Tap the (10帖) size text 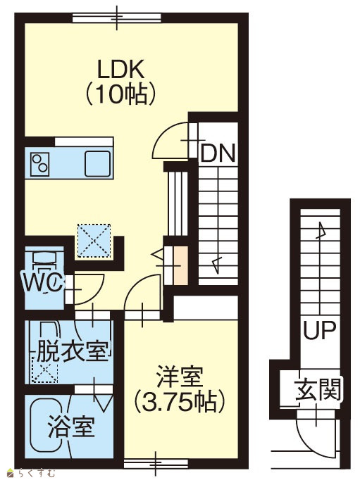[x=120, y=94]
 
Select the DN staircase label [x=218, y=153]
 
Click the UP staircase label [x=320, y=329]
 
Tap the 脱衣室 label [x=73, y=350]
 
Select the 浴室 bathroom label [x=71, y=426]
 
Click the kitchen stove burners [x=40, y=164]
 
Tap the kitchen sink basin [x=98, y=164]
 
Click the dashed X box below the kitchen [x=94, y=241]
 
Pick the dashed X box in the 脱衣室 [x=44, y=370]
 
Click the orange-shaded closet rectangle [x=181, y=265]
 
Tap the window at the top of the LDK [x=117, y=18]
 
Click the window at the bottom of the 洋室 [x=156, y=464]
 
